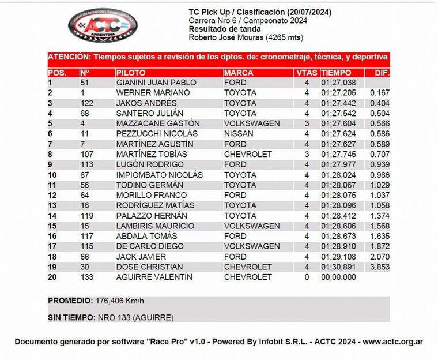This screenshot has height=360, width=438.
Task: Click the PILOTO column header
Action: click(x=131, y=73)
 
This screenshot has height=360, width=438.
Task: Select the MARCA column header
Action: click(x=239, y=73)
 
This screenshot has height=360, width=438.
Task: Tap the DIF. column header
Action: click(x=382, y=73)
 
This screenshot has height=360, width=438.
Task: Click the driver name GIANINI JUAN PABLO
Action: click(x=156, y=82)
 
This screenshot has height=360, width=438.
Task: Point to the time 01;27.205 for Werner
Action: click(x=339, y=93)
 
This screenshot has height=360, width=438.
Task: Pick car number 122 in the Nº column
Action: click(x=87, y=103)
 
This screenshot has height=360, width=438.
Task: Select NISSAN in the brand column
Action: click(x=237, y=134)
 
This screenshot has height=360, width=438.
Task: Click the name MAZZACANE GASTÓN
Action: click(x=158, y=123)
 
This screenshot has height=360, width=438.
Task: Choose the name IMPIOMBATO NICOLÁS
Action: click(x=160, y=175)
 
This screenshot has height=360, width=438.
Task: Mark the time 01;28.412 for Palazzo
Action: click(x=339, y=216)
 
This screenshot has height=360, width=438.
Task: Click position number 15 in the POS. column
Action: click(x=52, y=226)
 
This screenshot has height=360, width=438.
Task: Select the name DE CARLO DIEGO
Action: click(x=151, y=246)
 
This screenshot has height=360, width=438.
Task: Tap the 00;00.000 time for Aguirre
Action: click(x=339, y=277)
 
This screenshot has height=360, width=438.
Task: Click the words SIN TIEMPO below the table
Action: click(x=69, y=317)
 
